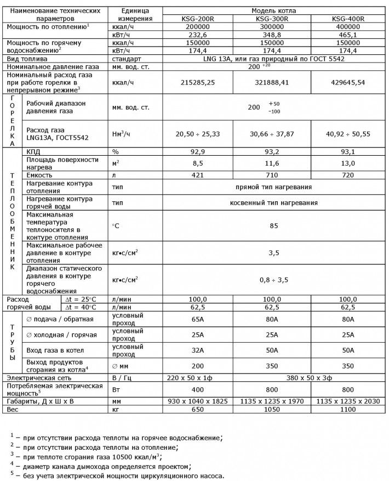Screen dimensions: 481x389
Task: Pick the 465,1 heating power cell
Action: coord(348,34)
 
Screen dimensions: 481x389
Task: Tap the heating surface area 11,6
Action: coord(272,163)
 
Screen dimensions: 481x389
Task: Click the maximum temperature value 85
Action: coord(272,224)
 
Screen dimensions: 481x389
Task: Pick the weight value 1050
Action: coord(272,409)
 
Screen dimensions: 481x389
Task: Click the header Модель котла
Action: coord(272,10)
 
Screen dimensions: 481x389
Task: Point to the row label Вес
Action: coord(11,409)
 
